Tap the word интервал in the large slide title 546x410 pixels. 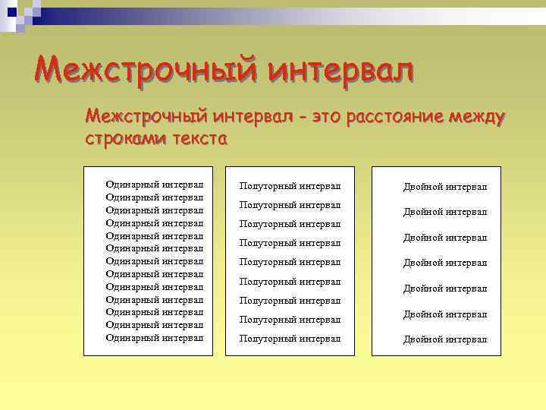click(x=342, y=72)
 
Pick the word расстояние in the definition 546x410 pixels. click(x=394, y=118)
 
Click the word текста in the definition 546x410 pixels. click(x=196, y=140)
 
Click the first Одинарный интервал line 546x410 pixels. click(x=155, y=184)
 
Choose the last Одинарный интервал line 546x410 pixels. click(x=155, y=337)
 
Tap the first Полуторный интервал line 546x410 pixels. click(x=290, y=186)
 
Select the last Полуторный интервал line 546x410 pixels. click(x=290, y=339)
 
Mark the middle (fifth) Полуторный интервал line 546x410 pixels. click(x=290, y=262)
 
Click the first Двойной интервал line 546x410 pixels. click(x=445, y=187)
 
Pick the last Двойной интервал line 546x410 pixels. click(x=445, y=339)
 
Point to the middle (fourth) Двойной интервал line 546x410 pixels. click(x=445, y=263)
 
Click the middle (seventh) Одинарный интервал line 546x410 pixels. click(x=155, y=260)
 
